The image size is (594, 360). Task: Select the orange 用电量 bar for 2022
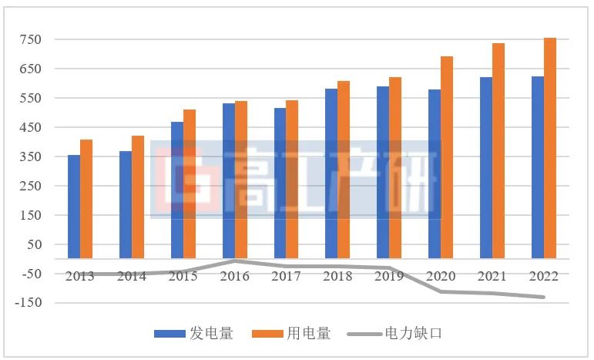550,148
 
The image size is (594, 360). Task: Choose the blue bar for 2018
331,173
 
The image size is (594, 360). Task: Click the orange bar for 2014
138,197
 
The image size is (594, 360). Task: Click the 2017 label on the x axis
286,276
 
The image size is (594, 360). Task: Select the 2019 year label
389,276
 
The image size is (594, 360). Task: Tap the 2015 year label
183,276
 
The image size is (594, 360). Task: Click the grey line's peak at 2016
235,261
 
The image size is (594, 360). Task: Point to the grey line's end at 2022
543,297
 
